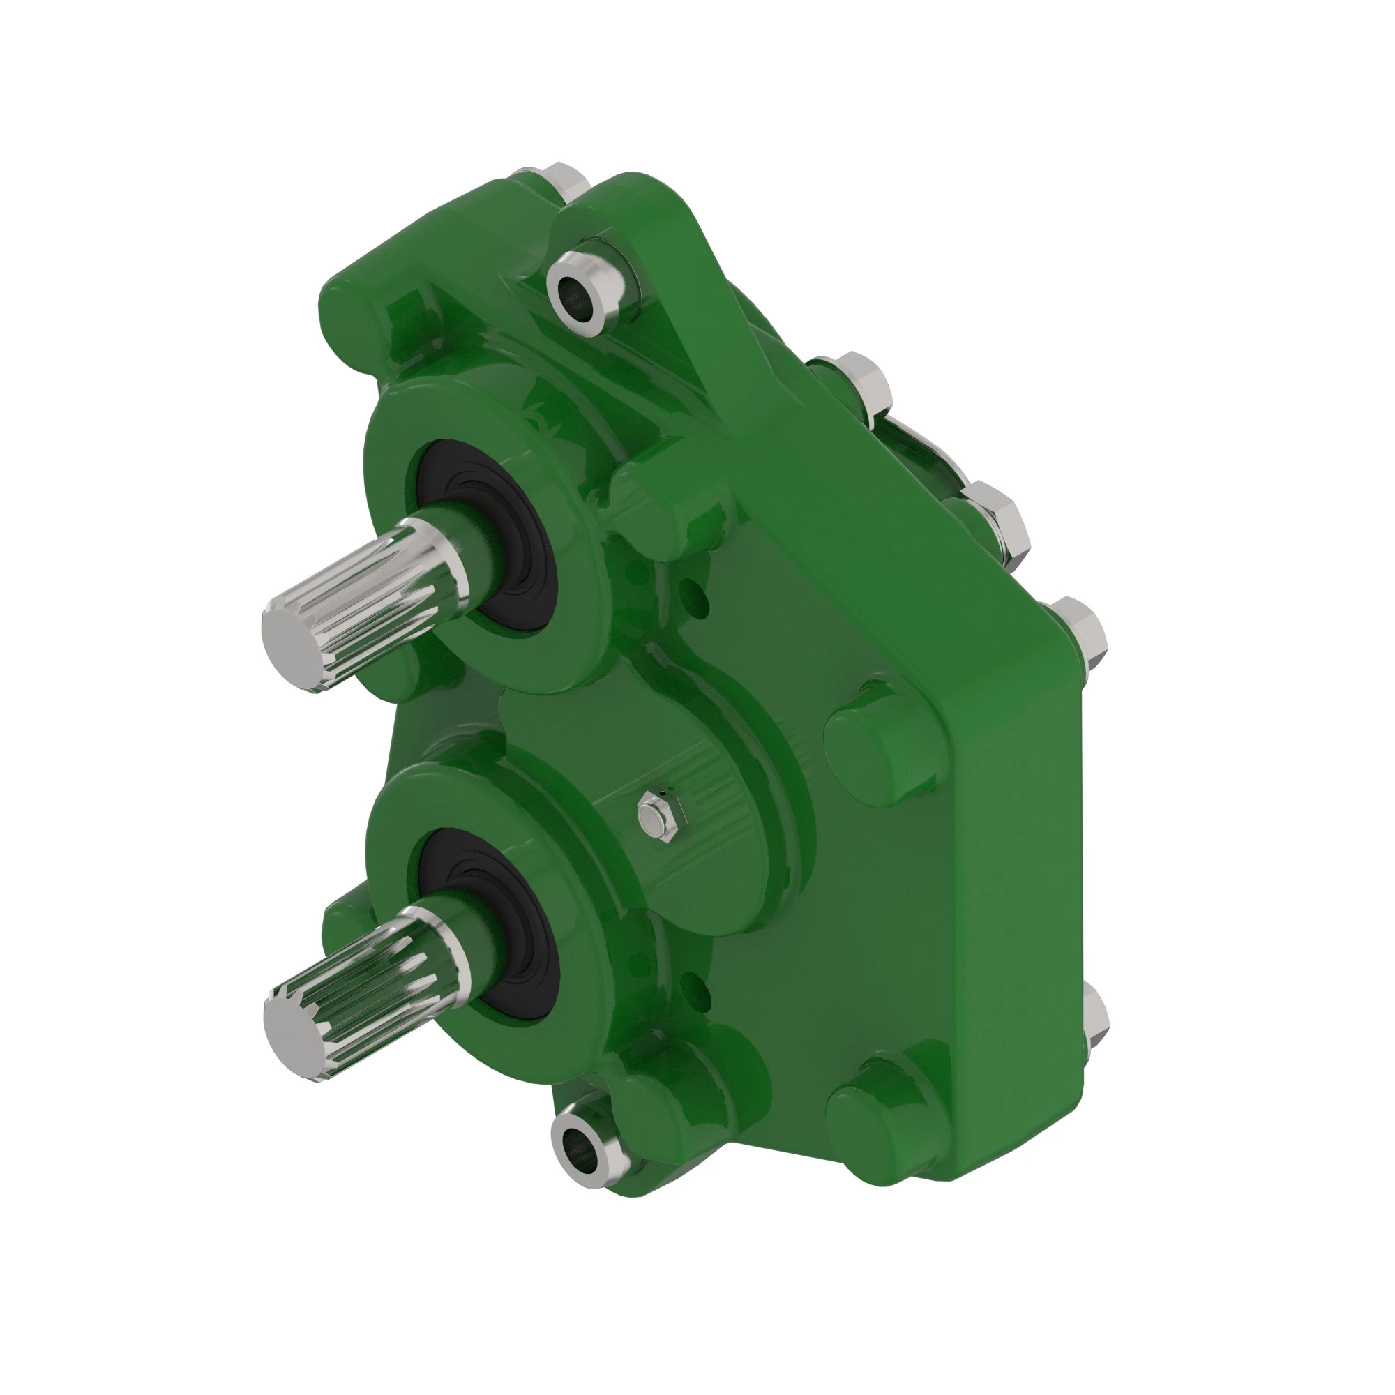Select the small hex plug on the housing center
pos(655,816)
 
